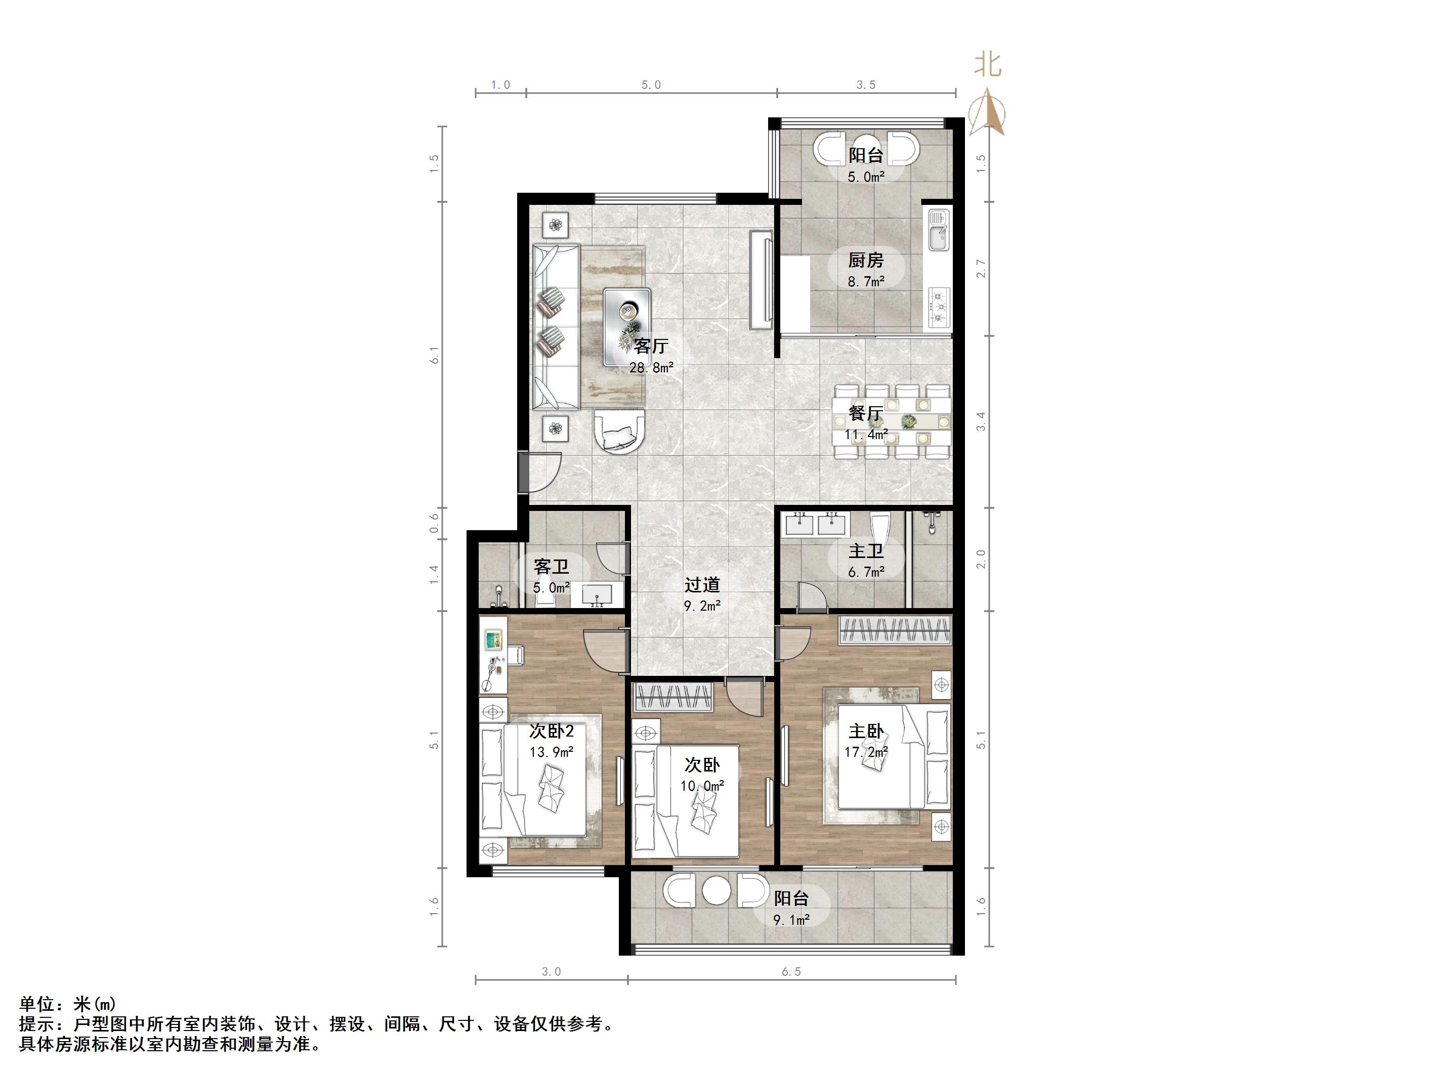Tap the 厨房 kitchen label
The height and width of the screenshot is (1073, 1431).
click(866, 260)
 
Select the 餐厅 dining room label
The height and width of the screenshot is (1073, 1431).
click(866, 413)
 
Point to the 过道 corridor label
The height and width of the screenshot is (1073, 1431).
click(702, 585)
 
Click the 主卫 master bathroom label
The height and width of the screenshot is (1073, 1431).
click(866, 551)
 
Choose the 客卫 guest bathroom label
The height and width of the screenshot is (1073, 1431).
click(551, 567)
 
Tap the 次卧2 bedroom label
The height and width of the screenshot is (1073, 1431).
click(551, 731)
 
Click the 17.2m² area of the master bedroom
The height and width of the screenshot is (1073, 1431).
click(866, 752)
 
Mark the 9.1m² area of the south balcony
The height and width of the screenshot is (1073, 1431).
click(791, 920)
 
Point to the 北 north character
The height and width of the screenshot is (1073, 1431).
click(988, 65)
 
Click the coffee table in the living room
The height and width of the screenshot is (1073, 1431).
click(627, 327)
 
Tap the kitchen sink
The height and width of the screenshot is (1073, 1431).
click(939, 230)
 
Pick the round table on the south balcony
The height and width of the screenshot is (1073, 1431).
click(716, 890)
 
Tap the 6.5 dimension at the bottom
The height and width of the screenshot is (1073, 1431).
click(791, 971)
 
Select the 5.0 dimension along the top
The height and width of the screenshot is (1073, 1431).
click(651, 84)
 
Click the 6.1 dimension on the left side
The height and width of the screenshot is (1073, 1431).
click(435, 355)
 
